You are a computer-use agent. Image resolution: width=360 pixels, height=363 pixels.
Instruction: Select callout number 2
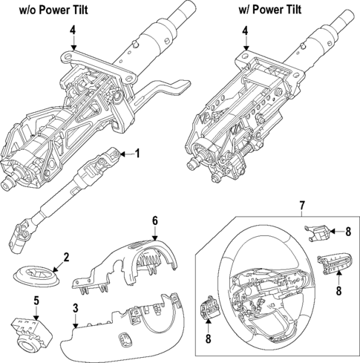point(66,258)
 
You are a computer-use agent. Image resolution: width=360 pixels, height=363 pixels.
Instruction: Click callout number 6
point(154,220)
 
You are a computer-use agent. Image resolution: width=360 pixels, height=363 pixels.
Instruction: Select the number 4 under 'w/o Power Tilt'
point(73,30)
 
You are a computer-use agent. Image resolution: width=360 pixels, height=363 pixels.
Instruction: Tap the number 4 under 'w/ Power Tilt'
point(245,30)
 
